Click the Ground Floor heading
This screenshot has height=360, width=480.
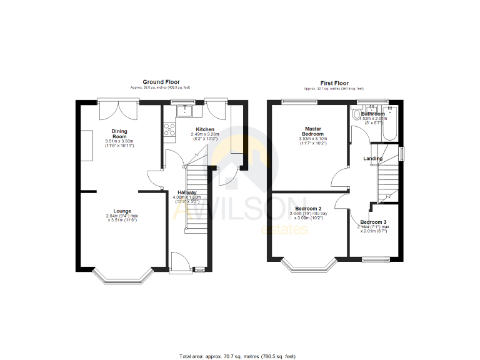(161, 82)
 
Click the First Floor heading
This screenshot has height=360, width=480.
(334, 82)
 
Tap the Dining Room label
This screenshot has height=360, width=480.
(119, 134)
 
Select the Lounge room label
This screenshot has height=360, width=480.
(122, 211)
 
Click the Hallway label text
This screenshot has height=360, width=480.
(187, 192)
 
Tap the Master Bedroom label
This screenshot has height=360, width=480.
(312, 131)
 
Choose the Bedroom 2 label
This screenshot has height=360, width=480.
(308, 208)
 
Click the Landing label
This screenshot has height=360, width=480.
(373, 158)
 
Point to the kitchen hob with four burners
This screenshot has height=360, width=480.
(169, 129)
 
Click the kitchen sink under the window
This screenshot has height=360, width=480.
(186, 111)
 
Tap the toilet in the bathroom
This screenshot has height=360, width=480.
(357, 115)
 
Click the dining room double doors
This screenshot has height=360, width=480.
(118, 111)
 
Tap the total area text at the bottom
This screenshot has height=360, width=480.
(237, 356)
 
